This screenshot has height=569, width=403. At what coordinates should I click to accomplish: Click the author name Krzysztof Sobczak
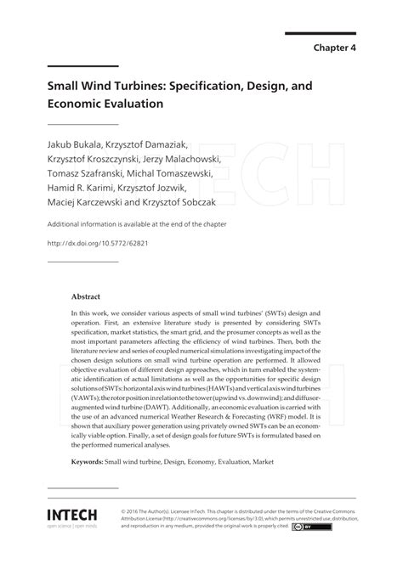[192, 203]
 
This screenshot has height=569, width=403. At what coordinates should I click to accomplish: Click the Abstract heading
[86, 297]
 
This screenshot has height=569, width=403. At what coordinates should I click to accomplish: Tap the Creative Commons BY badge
[305, 527]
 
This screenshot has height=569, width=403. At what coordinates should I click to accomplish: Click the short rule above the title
[82, 66]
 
